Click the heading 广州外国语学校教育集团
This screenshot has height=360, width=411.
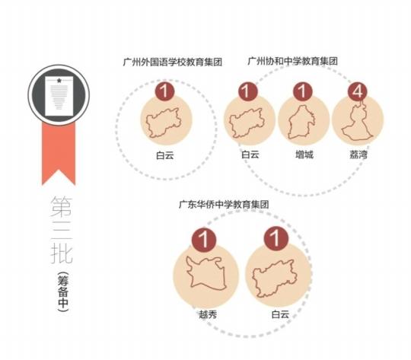(x=173, y=62)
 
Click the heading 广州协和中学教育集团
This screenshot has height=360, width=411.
(x=292, y=61)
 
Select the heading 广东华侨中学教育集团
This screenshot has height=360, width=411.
(x=224, y=204)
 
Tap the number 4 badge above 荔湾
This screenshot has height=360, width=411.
(x=357, y=92)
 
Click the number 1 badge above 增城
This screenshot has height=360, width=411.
(x=303, y=92)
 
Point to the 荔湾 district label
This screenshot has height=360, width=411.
(x=358, y=155)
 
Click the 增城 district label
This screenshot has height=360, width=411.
(x=304, y=155)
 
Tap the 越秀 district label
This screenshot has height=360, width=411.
(x=208, y=314)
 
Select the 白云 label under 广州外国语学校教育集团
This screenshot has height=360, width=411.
(x=165, y=155)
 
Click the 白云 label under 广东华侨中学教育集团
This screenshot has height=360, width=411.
(x=280, y=314)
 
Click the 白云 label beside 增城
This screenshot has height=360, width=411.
(x=250, y=155)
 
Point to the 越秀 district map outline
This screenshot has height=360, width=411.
(x=205, y=273)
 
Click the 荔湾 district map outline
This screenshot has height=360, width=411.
(x=356, y=121)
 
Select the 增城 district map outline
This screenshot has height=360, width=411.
(x=301, y=122)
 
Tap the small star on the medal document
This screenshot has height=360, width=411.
(x=59, y=81)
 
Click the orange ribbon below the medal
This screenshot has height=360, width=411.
(x=59, y=154)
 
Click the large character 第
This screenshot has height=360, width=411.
(x=62, y=207)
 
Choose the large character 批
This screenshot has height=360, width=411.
(x=62, y=253)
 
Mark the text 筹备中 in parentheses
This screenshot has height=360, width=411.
(x=63, y=292)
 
